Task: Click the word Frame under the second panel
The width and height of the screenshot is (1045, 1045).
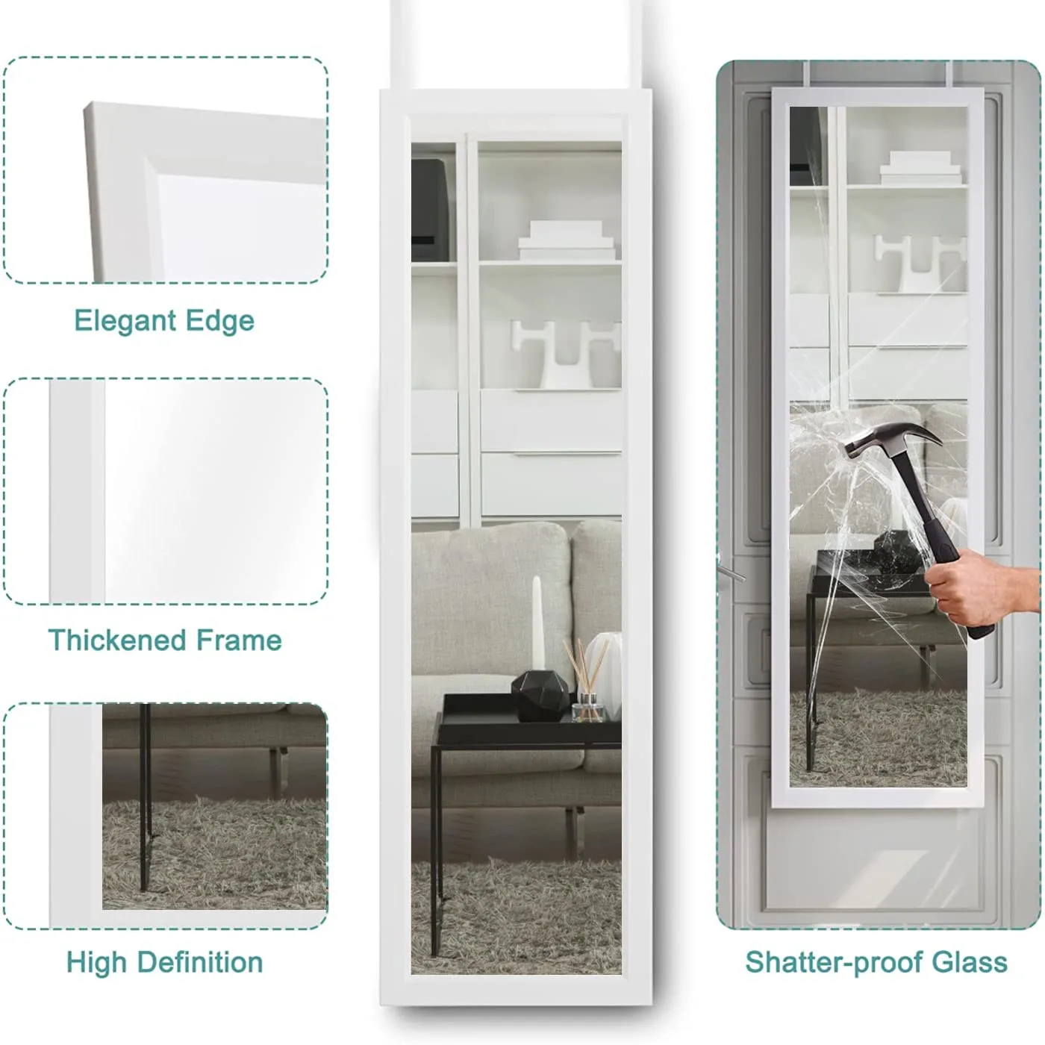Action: [x=239, y=640]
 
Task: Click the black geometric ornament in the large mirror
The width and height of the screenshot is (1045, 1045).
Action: [x=540, y=696]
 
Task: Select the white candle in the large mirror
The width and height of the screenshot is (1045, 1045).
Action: [x=537, y=623]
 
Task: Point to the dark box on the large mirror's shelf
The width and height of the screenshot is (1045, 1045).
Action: [x=431, y=209]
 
